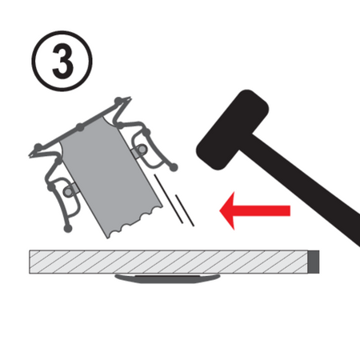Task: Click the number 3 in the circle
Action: click(x=62, y=61)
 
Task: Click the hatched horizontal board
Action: click(x=168, y=261)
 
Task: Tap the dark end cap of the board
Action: click(x=314, y=261)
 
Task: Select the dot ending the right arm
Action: click(x=174, y=168)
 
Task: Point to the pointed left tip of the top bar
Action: click(x=33, y=150)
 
